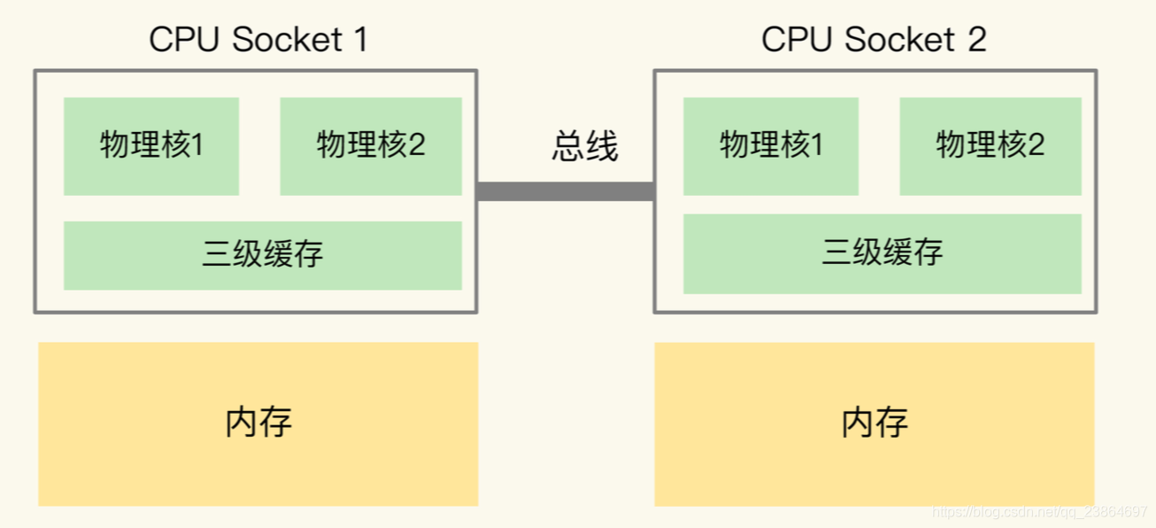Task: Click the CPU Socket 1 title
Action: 258,40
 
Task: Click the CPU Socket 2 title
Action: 874,40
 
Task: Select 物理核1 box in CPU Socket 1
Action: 151,146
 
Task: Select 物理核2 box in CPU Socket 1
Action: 371,146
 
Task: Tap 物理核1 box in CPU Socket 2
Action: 771,146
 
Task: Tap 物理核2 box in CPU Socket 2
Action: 990,146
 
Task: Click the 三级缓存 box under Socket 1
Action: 263,255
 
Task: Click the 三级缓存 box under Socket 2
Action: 882,255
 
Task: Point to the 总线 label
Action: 585,146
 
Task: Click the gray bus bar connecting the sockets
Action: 566,191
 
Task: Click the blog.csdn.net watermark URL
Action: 1040,512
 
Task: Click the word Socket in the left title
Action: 283,40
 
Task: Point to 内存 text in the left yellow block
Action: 258,422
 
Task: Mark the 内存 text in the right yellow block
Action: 875,423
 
